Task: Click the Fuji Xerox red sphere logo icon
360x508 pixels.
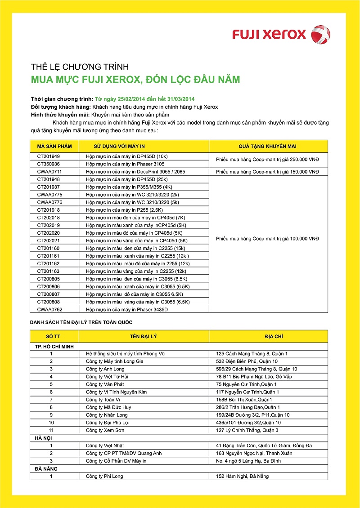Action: pyautogui.click(x=321, y=34)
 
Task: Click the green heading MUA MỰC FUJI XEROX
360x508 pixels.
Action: pyautogui.click(x=135, y=80)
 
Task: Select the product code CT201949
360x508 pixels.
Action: pyautogui.click(x=48, y=156)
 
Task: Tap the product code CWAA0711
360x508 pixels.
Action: pyautogui.click(x=49, y=172)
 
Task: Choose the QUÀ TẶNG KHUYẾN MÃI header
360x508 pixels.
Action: pyautogui.click(x=267, y=147)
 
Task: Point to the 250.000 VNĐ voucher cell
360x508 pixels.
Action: pyautogui.click(x=267, y=160)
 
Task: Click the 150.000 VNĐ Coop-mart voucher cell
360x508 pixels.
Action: pyautogui.click(x=267, y=172)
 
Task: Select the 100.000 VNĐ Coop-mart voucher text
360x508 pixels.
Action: pyautogui.click(x=267, y=239)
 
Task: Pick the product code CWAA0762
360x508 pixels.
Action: pyautogui.click(x=49, y=309)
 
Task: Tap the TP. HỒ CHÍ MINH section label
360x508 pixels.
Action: pyautogui.click(x=54, y=346)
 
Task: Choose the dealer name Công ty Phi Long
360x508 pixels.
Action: pyautogui.click(x=104, y=476)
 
